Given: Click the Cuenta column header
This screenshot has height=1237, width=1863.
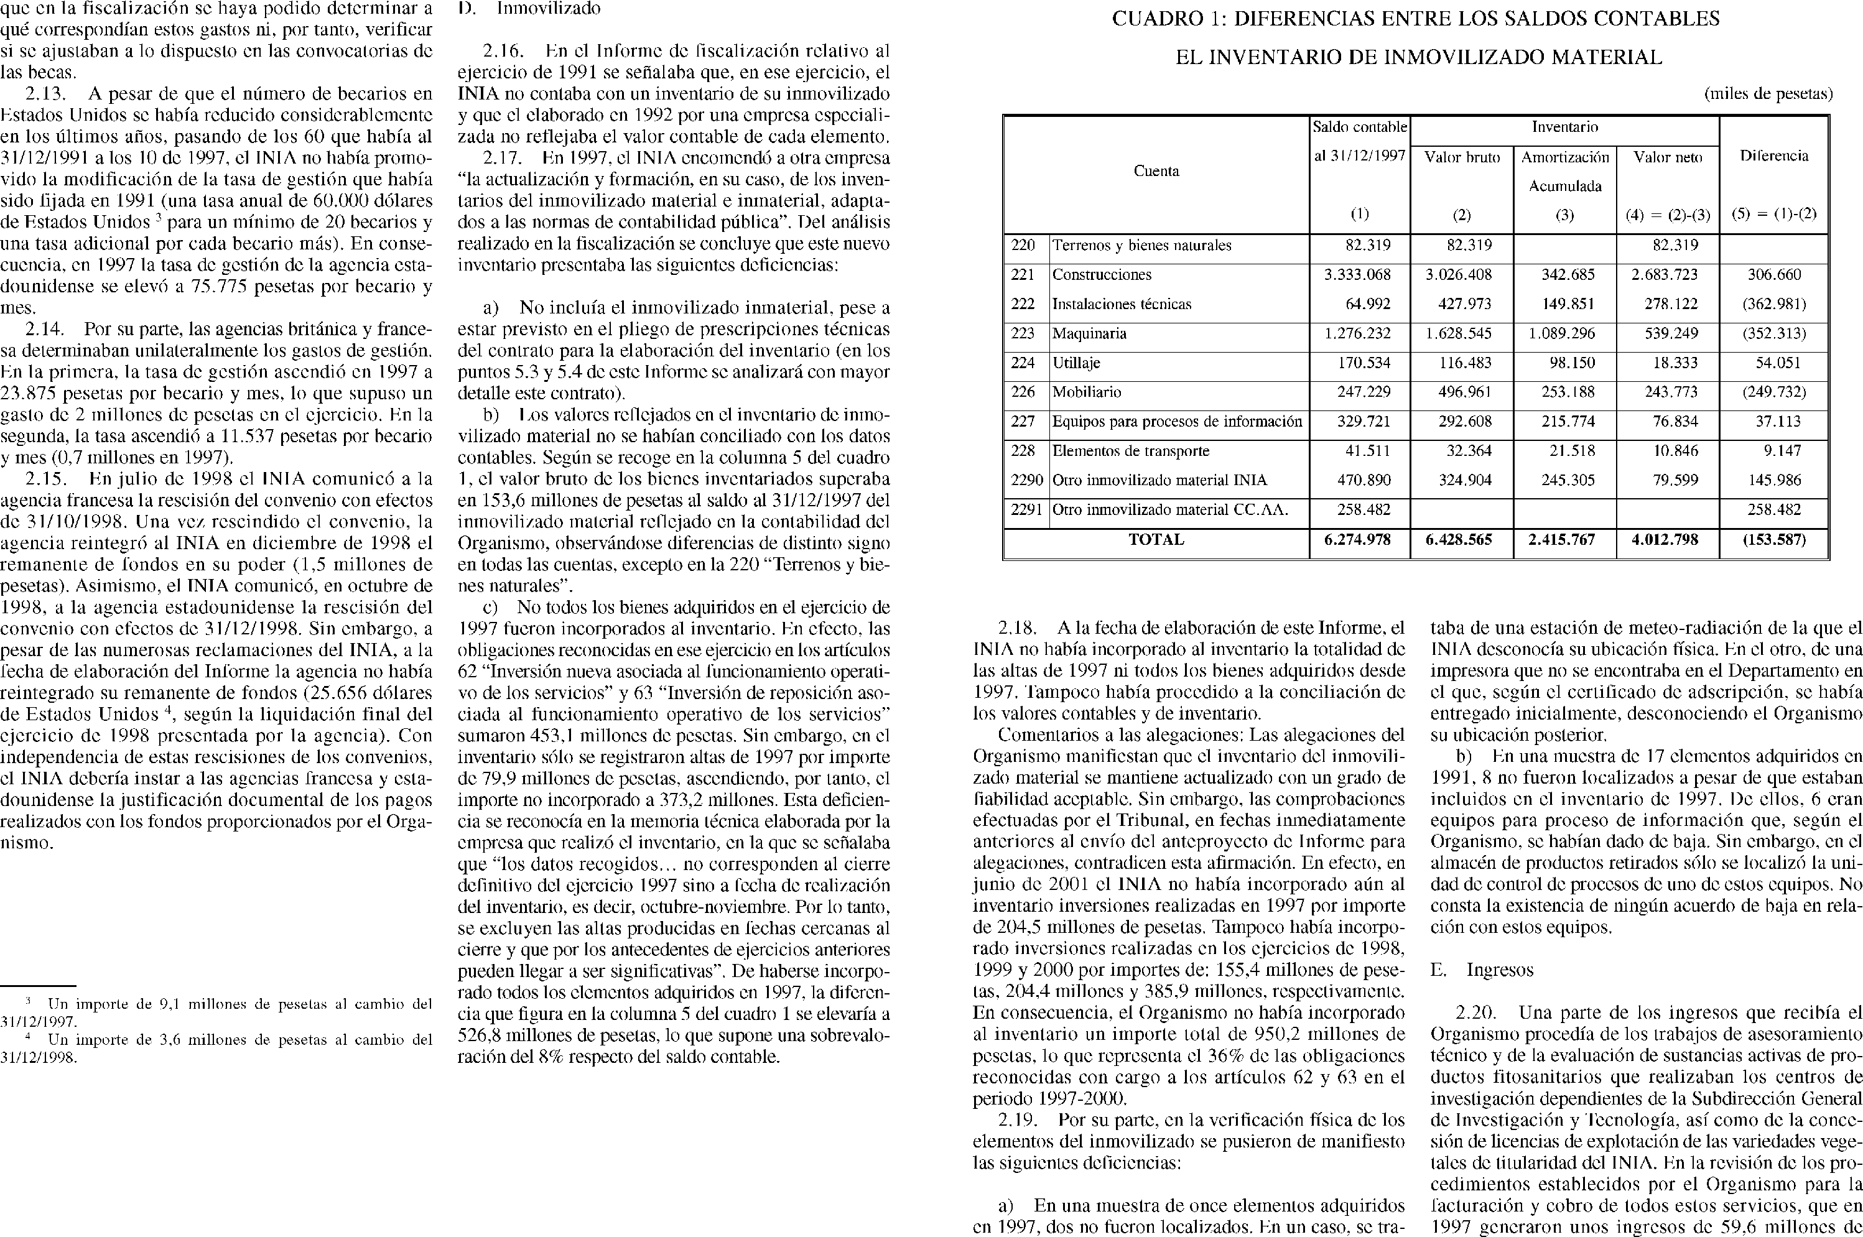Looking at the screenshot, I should coord(1156,171).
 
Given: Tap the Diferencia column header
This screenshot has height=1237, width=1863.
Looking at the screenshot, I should coord(1774,155).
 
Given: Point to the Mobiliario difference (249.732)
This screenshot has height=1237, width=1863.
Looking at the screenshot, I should coord(1774,392).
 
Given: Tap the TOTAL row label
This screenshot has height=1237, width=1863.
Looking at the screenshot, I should coord(1156,540).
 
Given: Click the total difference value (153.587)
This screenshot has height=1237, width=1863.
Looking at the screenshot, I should coord(1774,540).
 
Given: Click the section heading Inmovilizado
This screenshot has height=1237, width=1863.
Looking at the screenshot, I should coord(549,9).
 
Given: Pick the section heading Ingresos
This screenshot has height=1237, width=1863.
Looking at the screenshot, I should coord(1499,970).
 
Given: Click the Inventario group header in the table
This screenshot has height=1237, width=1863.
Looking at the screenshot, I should coord(1564,127).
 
